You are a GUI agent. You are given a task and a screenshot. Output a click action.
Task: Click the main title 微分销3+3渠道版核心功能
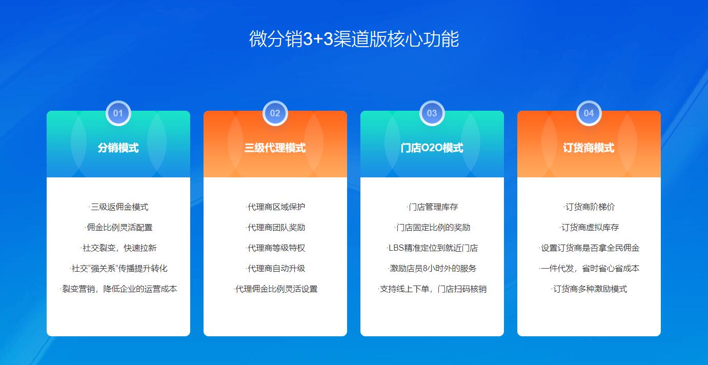[354, 39]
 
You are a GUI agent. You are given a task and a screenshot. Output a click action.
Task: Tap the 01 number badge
[118, 113]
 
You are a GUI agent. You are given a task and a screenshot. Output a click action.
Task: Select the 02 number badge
[275, 113]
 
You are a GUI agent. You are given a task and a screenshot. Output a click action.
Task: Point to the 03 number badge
[432, 113]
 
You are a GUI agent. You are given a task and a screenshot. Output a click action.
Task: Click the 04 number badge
[589, 113]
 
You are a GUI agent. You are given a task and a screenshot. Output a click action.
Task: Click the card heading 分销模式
[118, 148]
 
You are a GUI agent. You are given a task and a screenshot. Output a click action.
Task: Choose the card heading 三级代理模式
[275, 148]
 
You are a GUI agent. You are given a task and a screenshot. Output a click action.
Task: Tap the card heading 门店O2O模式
[432, 148]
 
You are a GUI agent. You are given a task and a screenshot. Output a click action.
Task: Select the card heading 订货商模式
[589, 148]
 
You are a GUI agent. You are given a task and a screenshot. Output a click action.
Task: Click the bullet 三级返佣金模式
[118, 207]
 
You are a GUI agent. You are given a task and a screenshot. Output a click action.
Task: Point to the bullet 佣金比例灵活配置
[118, 228]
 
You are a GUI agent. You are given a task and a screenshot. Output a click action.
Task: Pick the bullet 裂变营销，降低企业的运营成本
[118, 289]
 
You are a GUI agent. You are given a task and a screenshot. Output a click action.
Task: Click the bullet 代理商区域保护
[275, 207]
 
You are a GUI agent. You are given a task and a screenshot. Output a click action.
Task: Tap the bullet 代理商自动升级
[275, 268]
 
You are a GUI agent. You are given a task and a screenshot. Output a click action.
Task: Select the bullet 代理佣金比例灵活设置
[275, 289]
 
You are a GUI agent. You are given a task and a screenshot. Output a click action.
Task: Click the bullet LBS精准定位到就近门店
[432, 248]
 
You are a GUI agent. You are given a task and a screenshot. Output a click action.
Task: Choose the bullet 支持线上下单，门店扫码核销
[432, 289]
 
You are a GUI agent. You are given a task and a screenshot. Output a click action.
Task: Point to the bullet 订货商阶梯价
[589, 207]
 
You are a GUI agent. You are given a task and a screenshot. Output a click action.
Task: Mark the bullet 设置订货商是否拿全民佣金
[589, 248]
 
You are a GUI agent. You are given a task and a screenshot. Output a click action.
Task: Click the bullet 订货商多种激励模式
[589, 289]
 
